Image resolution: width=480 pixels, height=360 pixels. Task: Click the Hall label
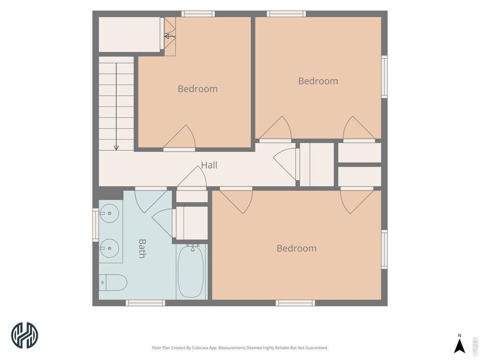209,165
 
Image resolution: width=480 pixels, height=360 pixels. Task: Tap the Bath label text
142,249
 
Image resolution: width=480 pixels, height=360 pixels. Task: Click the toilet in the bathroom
113,282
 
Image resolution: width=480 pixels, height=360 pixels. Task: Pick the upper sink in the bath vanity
109,213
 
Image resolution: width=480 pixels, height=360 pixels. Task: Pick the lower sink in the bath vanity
109,248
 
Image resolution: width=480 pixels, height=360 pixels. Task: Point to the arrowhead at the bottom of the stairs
116,148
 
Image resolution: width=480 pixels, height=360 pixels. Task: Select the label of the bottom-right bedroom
297,248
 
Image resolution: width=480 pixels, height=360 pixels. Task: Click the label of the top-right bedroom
318,81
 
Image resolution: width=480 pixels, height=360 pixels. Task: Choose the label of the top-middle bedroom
198,89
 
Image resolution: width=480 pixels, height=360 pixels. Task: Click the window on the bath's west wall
96,225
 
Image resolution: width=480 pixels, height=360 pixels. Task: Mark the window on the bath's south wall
145,303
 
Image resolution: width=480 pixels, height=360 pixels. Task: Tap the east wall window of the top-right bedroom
384,77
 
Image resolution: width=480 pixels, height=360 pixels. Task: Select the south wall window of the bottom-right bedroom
295,303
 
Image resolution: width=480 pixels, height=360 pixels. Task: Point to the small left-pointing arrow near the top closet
170,36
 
